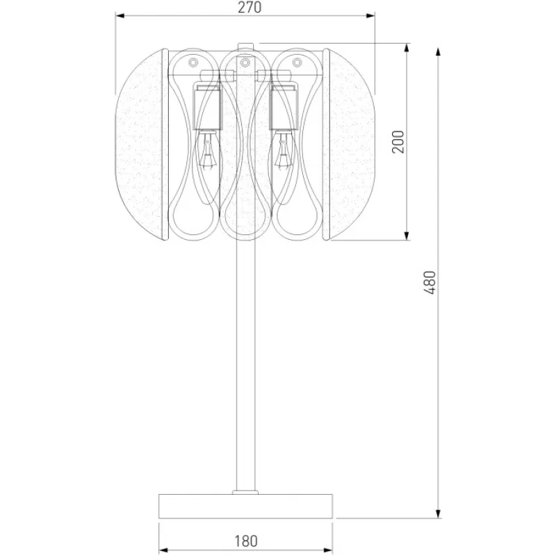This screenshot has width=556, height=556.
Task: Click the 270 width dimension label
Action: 250,7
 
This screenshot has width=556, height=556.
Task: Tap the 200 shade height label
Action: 398,142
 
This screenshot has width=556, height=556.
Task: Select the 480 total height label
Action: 430,282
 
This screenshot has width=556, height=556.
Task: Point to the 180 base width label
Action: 246,541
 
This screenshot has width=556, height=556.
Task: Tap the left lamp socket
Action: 207,106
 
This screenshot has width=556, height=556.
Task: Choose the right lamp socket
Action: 284,106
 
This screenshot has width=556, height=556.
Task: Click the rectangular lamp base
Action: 246,506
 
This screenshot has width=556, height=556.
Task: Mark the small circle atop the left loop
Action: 193,63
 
